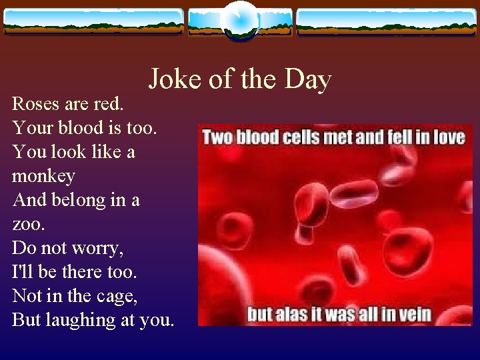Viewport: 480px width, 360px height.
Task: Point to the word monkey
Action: [43, 177]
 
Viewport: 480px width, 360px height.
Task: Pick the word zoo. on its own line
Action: [29, 223]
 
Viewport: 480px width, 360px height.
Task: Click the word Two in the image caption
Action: [217, 137]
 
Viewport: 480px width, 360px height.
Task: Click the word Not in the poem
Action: [26, 296]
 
